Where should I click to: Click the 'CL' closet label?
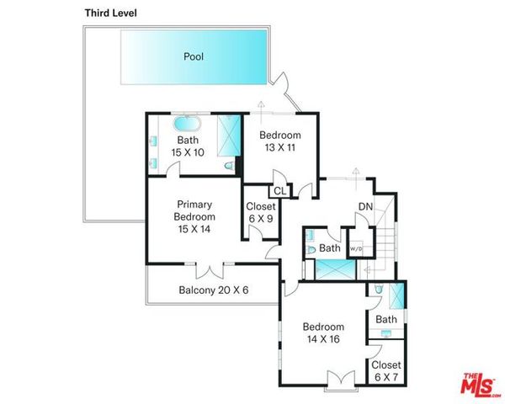[279, 191]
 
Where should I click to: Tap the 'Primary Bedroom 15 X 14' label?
[194, 216]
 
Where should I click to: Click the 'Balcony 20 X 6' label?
[214, 290]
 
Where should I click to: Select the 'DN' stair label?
[365, 207]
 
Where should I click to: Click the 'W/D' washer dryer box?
[356, 248]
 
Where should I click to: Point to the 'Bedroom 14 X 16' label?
[324, 333]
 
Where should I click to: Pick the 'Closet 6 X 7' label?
[386, 371]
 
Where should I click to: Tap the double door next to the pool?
[284, 86]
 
